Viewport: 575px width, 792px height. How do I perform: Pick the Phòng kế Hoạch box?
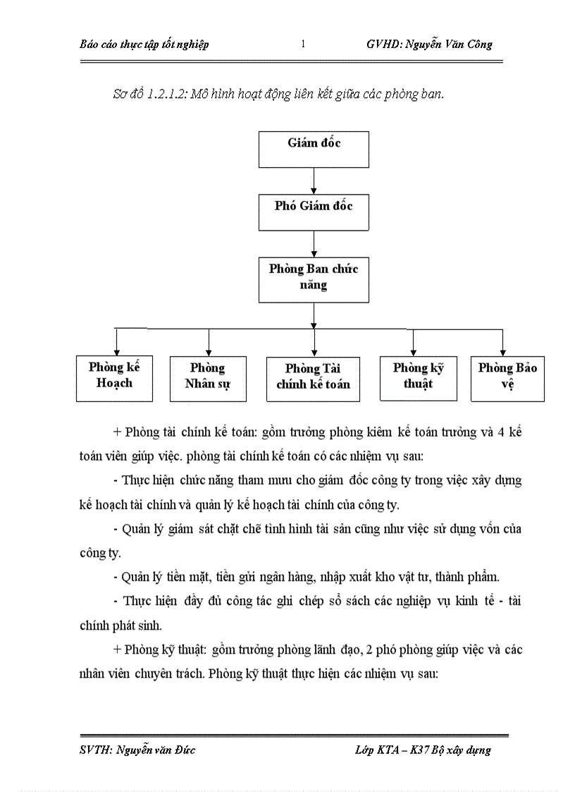coord(114,379)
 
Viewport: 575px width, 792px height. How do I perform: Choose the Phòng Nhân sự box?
coord(208,379)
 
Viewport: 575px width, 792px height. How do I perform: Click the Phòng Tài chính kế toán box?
coord(314,379)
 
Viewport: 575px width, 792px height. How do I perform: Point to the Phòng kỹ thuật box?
coord(418,378)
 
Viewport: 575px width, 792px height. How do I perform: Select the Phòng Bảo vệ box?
coord(507,378)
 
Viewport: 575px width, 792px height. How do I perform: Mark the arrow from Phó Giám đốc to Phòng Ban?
coord(314,243)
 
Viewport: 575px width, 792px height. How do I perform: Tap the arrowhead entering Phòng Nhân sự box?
coord(208,352)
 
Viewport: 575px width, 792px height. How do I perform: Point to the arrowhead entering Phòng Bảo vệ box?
coord(502,352)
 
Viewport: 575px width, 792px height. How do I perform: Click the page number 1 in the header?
coord(303,44)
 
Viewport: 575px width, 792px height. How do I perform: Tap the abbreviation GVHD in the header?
coord(383,44)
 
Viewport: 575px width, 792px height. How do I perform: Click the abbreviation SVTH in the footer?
coord(94,750)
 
